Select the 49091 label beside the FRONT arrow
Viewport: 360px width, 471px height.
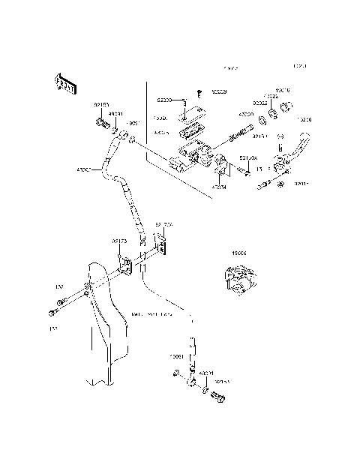115,115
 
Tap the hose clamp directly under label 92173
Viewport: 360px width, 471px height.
126,265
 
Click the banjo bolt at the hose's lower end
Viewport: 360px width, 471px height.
220,397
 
